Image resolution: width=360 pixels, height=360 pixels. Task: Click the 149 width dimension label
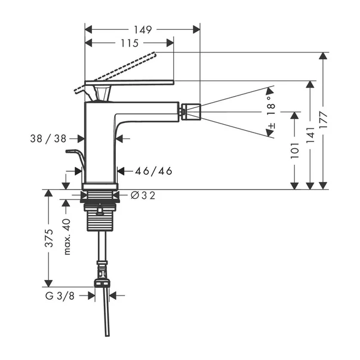(142, 29)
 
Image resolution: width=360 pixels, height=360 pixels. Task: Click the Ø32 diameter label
(143, 195)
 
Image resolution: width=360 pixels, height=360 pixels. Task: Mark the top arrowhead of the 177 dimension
(323, 56)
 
